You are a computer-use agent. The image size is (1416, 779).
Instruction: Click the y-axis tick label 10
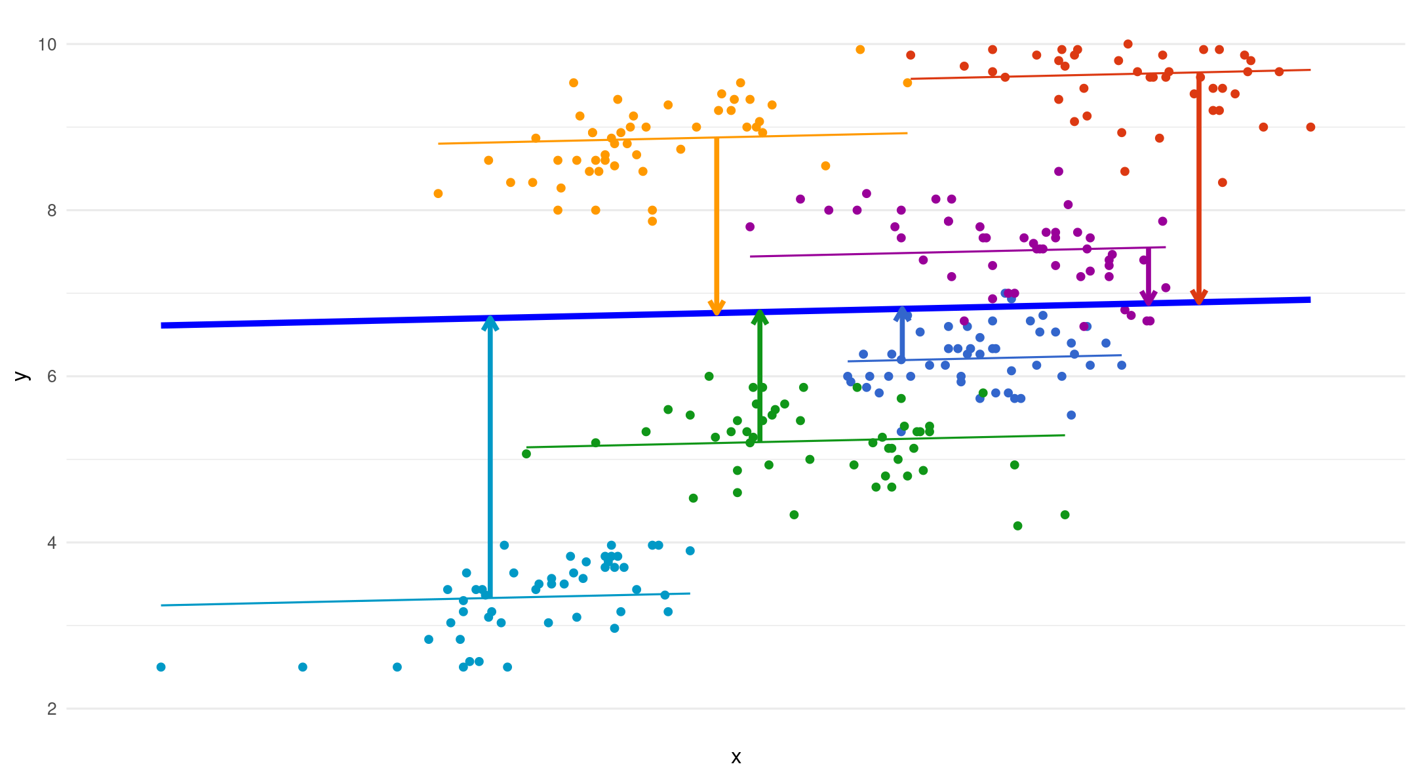(47, 45)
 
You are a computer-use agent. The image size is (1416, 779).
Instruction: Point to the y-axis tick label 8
(52, 210)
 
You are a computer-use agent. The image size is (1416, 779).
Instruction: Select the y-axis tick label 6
(52, 376)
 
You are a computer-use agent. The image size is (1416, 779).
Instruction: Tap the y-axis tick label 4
(52, 543)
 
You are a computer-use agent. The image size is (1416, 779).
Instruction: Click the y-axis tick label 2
(52, 709)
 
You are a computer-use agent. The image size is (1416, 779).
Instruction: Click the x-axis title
(736, 757)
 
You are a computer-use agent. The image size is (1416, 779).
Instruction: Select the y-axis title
(22, 376)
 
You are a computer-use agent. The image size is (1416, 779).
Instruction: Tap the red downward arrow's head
(1199, 298)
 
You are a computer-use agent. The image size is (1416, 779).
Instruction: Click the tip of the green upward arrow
(760, 312)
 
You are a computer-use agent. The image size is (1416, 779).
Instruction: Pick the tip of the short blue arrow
(903, 309)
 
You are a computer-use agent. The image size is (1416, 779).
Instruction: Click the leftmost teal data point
(161, 667)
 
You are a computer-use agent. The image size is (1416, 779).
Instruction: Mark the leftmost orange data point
(438, 193)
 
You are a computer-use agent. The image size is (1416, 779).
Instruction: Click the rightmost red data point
(1310, 127)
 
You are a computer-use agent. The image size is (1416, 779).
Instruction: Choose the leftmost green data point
(526, 454)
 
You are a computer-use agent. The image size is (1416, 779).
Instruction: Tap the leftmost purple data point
(750, 227)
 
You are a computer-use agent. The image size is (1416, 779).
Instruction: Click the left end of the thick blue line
(162, 325)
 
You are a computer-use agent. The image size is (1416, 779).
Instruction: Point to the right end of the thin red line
(1310, 70)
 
